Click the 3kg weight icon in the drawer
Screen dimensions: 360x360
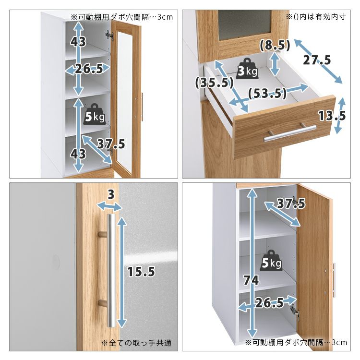pyautogui.click(x=248, y=69)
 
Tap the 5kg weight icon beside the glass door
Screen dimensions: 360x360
pyautogui.click(x=95, y=114)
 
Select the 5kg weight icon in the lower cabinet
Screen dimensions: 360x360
pyautogui.click(x=271, y=260)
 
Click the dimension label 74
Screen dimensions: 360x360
pyautogui.click(x=251, y=280)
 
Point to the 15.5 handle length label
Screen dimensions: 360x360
pyautogui.click(x=141, y=272)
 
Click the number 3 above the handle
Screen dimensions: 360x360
pyautogui.click(x=111, y=194)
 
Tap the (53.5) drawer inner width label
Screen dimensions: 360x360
pyautogui.click(x=267, y=93)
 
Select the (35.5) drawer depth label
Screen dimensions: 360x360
pyautogui.click(x=214, y=83)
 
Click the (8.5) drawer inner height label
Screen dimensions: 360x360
pyautogui.click(x=275, y=45)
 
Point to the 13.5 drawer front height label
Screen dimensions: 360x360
pyautogui.click(x=332, y=116)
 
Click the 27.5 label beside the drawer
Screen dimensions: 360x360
pyautogui.click(x=317, y=60)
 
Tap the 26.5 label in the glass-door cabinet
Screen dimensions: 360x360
pyautogui.click(x=89, y=69)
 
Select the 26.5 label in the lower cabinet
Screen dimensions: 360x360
pyautogui.click(x=269, y=302)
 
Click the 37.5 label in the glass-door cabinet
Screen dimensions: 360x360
pyautogui.click(x=111, y=144)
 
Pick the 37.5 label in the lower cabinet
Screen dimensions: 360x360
pyautogui.click(x=291, y=204)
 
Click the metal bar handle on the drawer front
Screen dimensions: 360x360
pyautogui.click(x=290, y=133)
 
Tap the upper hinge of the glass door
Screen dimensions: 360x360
pyautogui.click(x=109, y=36)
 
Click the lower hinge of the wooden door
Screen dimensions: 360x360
pyautogui.click(x=294, y=311)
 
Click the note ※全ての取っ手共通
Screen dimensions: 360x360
pyautogui.click(x=136, y=343)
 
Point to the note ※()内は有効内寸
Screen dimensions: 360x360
pyautogui.click(x=316, y=16)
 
